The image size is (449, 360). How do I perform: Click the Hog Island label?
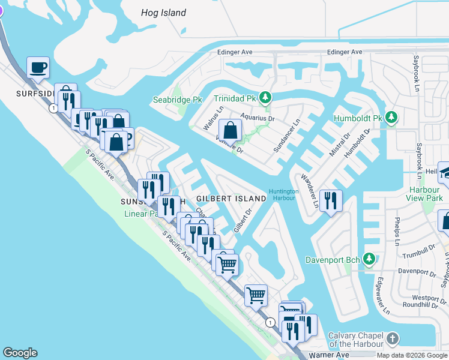(x=163, y=13)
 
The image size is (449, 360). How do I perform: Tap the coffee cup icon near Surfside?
(x=38, y=68)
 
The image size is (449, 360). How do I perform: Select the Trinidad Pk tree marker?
(x=264, y=97)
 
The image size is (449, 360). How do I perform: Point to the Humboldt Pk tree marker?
(x=391, y=117)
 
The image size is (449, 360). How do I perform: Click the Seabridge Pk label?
(x=178, y=100)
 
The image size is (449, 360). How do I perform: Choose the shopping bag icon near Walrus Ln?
(x=230, y=130)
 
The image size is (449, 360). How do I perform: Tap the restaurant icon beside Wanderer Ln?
(x=330, y=200)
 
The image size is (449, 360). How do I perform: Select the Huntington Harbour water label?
(x=283, y=194)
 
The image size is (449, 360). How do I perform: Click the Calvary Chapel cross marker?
(x=393, y=339)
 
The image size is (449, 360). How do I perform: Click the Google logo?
(x=20, y=353)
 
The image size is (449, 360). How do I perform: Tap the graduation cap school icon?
(x=445, y=173)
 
